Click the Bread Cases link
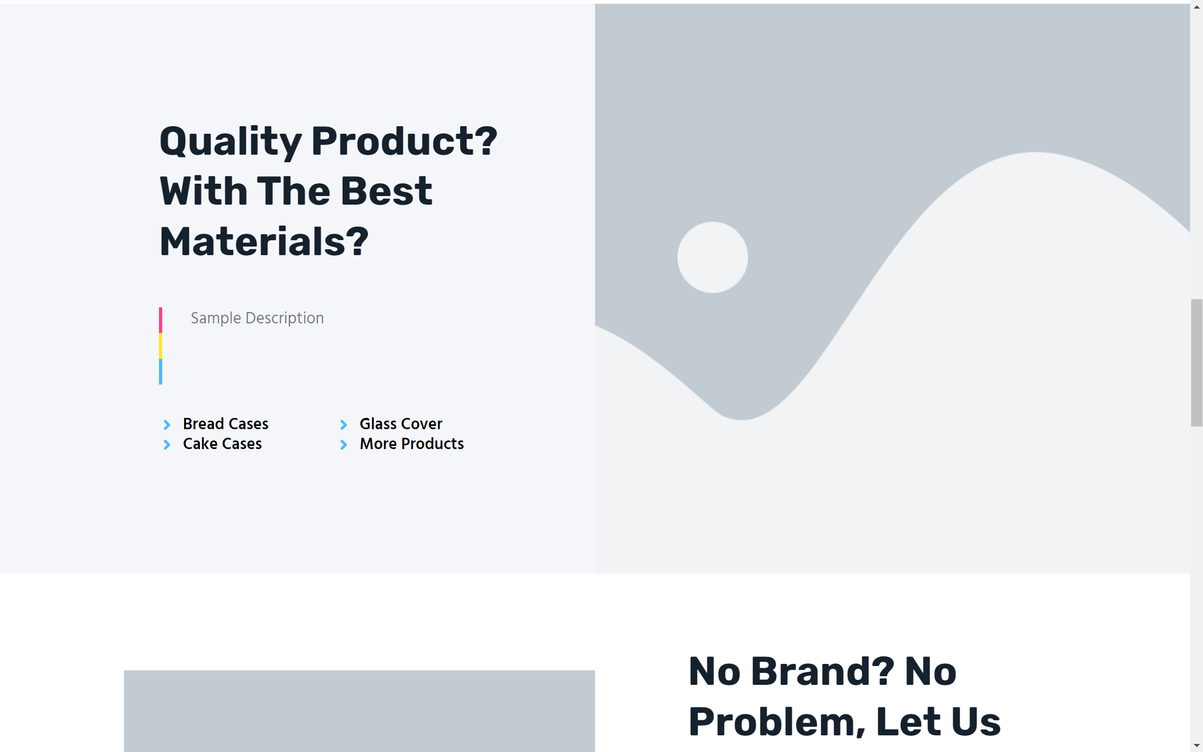[x=226, y=424]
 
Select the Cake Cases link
[x=222, y=444]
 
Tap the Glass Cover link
[x=401, y=424]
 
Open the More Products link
[x=412, y=444]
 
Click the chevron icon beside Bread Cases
[x=167, y=425]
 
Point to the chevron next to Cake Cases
[x=167, y=445]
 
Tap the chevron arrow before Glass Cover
[x=344, y=425]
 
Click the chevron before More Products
[x=344, y=445]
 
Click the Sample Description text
[x=257, y=318]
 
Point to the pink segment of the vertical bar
[x=161, y=320]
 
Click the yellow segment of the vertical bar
[x=161, y=346]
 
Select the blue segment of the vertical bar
[x=161, y=372]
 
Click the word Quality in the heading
[x=231, y=142]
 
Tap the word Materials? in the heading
[x=264, y=242]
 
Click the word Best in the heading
[x=387, y=191]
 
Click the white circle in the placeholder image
[x=713, y=257]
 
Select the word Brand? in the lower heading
[x=823, y=671]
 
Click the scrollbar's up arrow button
[x=1197, y=7]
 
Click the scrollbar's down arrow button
[x=1197, y=746]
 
